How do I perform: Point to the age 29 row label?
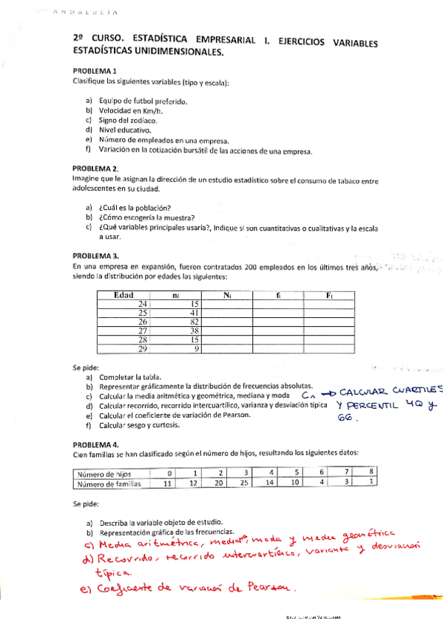pyautogui.click(x=143, y=349)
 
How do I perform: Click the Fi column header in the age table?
pyautogui.click(x=330, y=295)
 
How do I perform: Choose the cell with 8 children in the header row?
pyautogui.click(x=371, y=472)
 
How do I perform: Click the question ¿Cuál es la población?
pyautogui.click(x=135, y=208)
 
